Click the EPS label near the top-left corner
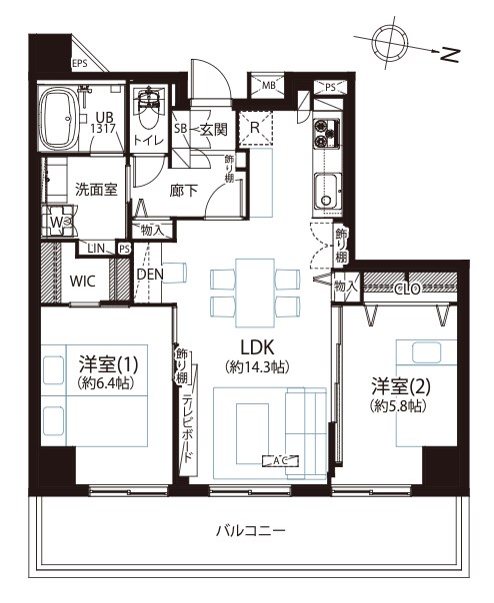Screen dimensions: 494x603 click(80, 63)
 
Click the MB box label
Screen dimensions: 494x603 click(269, 85)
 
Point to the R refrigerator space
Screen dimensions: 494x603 click(255, 128)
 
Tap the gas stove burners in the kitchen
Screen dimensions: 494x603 click(327, 134)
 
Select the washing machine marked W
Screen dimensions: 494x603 click(58, 222)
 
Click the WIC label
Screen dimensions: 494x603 click(82, 282)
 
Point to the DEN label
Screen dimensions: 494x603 click(151, 275)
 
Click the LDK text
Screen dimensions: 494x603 click(257, 347)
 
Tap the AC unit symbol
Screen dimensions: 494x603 click(281, 460)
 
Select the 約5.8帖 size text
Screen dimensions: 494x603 click(398, 406)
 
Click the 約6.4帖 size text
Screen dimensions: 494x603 click(105, 383)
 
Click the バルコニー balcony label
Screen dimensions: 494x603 click(250, 531)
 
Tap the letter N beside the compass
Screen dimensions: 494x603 click(449, 55)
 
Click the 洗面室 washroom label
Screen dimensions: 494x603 click(96, 190)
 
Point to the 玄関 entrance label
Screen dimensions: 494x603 click(213, 130)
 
